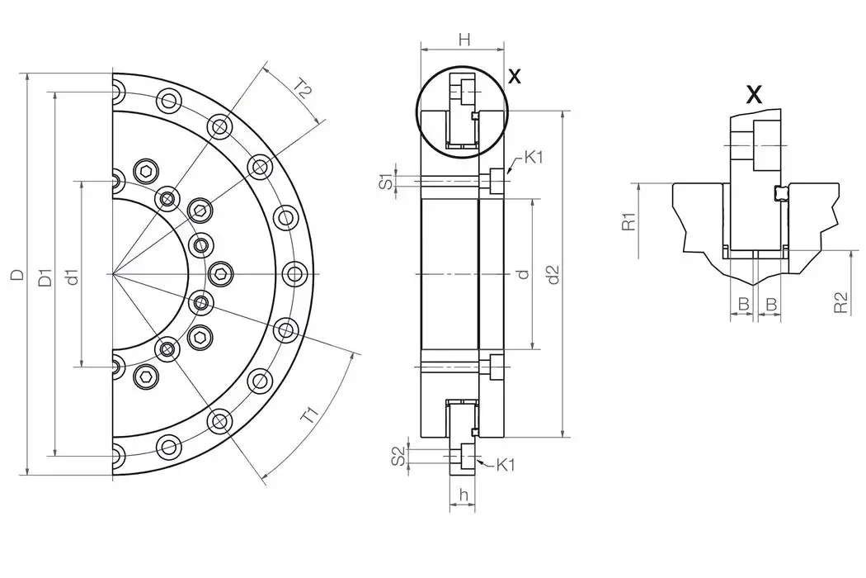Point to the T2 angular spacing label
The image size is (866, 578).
pos(302,90)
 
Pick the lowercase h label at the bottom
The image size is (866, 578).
pos(464,495)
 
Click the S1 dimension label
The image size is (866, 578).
pos(385,182)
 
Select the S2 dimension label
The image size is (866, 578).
pos(398,455)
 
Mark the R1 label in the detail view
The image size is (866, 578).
pos(628,221)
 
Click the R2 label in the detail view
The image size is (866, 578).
pos(840,302)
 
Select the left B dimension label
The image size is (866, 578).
pos(742,305)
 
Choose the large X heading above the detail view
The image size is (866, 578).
pos(754,94)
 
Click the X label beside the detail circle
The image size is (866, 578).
pos(515,77)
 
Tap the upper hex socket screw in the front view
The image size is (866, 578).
pos(147,172)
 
